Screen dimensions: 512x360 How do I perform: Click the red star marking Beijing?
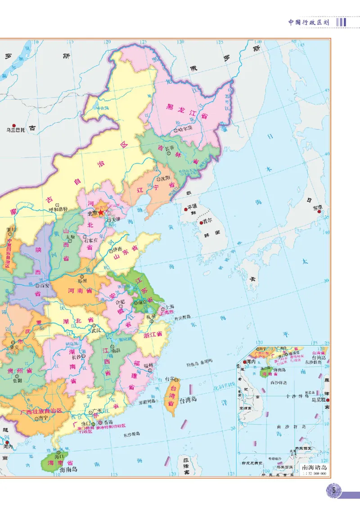pyautogui.click(x=101, y=211)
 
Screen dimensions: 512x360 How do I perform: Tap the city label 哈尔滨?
pyautogui.click(x=185, y=129)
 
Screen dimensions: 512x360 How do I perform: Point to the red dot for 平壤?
pyautogui.click(x=185, y=209)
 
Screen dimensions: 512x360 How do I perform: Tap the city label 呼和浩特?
pyautogui.click(x=58, y=209)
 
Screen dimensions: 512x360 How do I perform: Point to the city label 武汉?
pyautogui.click(x=95, y=330)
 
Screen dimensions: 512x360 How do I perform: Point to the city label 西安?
pyautogui.click(x=45, y=285)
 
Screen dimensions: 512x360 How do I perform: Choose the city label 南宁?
pyautogui.click(x=43, y=418)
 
